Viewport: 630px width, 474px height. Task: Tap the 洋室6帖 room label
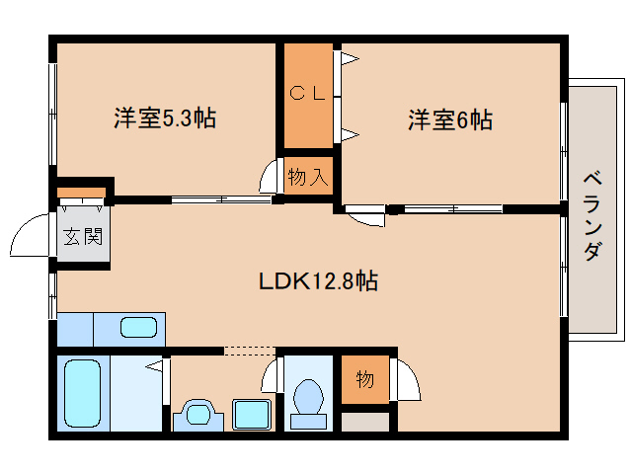(450, 120)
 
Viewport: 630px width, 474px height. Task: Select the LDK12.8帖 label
(318, 280)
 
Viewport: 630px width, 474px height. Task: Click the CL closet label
(307, 92)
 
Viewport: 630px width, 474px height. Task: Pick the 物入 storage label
(307, 178)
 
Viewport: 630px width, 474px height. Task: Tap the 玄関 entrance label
(82, 237)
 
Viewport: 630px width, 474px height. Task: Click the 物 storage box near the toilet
(364, 379)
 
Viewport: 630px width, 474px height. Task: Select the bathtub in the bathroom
(85, 393)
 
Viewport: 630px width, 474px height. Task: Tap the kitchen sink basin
(138, 328)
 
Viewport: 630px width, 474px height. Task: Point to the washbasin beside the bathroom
(197, 415)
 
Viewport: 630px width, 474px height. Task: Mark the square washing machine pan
(250, 413)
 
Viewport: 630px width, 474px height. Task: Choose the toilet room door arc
(270, 375)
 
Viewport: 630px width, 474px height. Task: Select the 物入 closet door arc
(269, 178)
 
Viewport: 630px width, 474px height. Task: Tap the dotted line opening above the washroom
(250, 349)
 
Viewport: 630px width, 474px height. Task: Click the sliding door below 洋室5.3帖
(221, 200)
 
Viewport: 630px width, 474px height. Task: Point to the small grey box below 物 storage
(364, 422)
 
